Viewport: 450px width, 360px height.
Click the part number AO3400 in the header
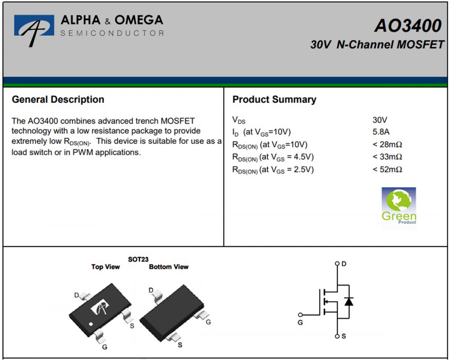[x=408, y=26]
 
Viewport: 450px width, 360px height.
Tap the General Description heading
[x=58, y=99]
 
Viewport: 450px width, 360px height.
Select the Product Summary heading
[x=274, y=99]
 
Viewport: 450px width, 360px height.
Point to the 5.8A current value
[x=380, y=132]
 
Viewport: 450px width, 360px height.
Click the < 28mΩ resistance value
[x=387, y=144]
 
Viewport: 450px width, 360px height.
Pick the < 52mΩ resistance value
[x=387, y=169]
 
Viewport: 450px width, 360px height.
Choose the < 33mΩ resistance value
[x=387, y=157]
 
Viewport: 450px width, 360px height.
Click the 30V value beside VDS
[x=380, y=120]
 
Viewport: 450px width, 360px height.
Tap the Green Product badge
[x=399, y=206]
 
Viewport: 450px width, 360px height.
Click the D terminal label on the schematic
[x=344, y=264]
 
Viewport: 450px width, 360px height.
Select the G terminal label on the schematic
[x=300, y=322]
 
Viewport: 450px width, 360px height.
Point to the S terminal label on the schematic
[x=344, y=336]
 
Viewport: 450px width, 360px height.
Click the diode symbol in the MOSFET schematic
[x=348, y=301]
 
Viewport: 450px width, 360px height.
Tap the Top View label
[x=105, y=267]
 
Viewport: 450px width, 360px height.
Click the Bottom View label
[x=169, y=267]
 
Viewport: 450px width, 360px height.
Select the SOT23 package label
[x=138, y=259]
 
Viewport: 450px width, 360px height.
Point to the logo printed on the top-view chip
[x=100, y=308]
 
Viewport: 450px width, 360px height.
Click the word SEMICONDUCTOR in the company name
[x=112, y=33]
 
